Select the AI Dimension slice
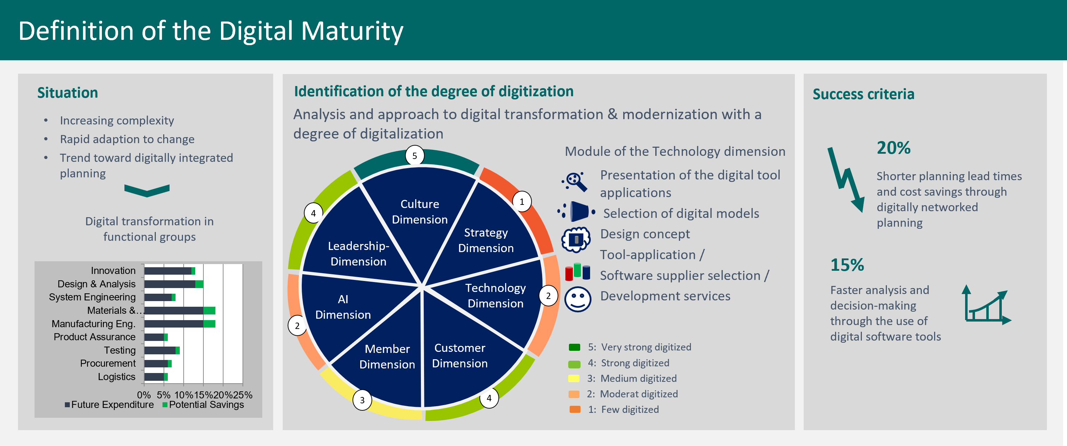(343, 307)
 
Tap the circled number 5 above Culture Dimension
(415, 156)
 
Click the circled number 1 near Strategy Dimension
(522, 202)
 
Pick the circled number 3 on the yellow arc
(362, 400)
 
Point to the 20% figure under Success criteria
(894, 148)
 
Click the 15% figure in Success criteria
(847, 265)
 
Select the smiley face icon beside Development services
(578, 299)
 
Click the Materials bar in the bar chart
(179, 311)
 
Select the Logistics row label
(116, 377)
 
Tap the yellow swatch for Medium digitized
(574, 378)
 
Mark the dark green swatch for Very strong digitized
(575, 347)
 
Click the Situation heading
(68, 93)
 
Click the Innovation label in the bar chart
(113, 270)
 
